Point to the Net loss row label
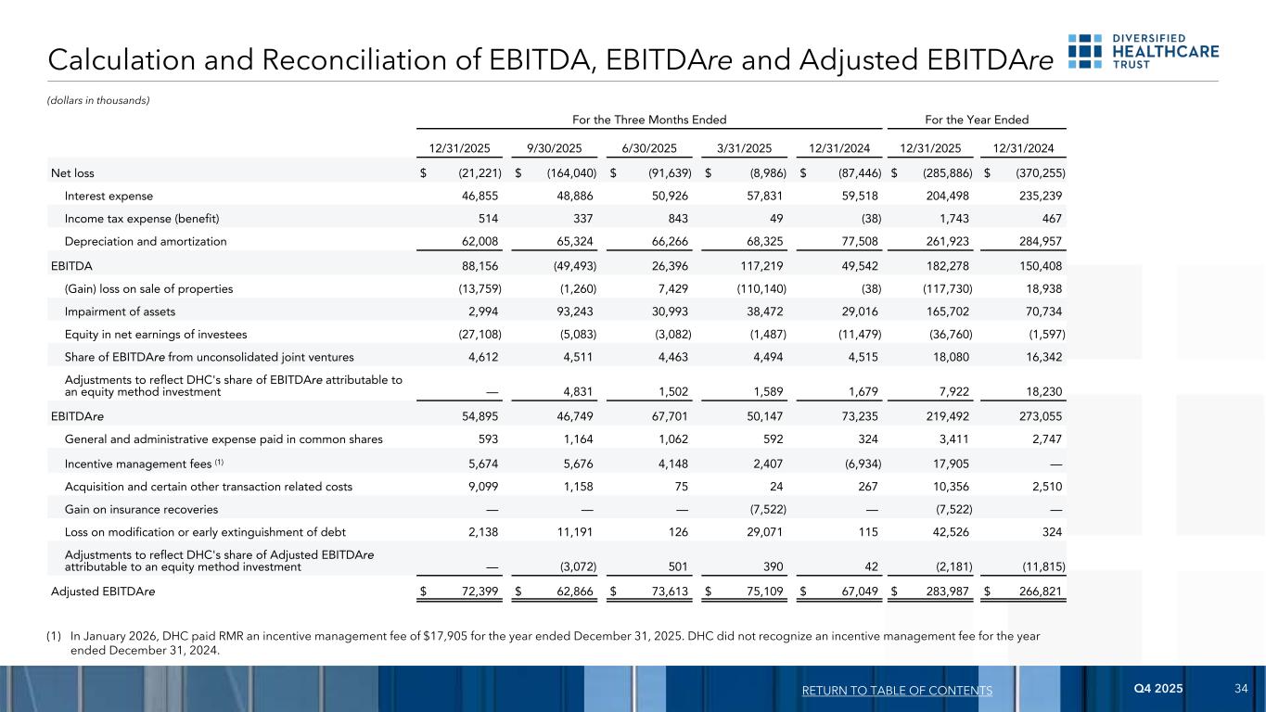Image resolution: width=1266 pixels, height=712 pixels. tap(72, 172)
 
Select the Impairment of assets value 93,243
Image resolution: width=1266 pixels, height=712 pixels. tap(569, 311)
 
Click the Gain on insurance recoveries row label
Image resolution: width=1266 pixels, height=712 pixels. tap(141, 509)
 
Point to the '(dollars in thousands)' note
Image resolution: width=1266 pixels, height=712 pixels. tap(99, 100)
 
